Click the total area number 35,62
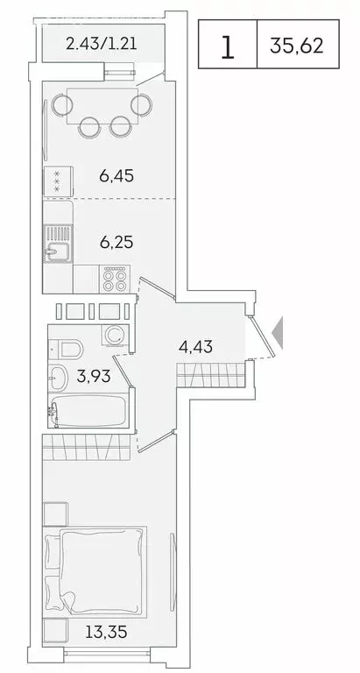tap(310, 46)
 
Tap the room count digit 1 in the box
tap(227, 46)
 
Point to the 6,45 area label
tap(116, 175)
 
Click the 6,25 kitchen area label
tap(116, 239)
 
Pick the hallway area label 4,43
tap(195, 348)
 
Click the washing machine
tap(114, 337)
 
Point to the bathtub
tap(88, 412)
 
